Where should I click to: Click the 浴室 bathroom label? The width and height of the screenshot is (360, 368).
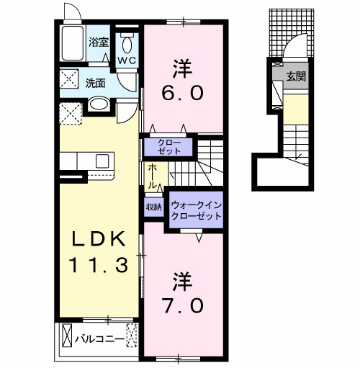pos(98,42)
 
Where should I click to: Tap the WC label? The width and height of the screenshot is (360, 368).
pos(127,60)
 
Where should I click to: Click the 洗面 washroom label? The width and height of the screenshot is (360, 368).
pos(96,82)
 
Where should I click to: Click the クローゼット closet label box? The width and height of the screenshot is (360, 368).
pos(168,147)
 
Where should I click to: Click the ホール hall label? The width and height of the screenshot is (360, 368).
pos(153,176)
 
